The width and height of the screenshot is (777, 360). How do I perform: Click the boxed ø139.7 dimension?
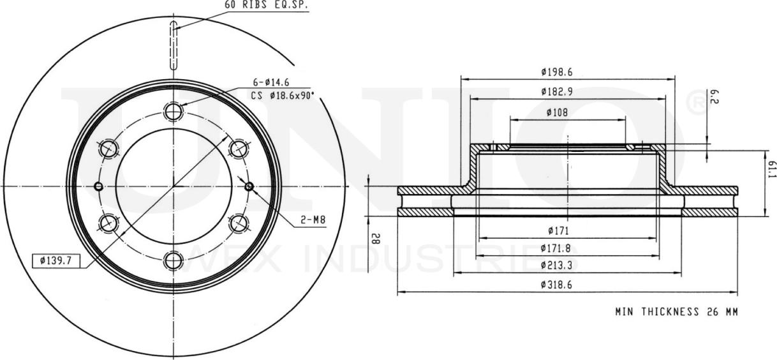click(x=58, y=260)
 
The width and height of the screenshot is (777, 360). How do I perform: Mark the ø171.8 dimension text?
click(x=556, y=248)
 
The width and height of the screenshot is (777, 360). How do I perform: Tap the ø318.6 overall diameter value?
click(x=556, y=285)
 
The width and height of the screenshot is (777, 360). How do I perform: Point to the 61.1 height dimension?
click(x=771, y=171)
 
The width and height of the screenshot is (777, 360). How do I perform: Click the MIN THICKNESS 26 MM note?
click(x=676, y=312)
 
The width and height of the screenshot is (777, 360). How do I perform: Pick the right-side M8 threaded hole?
click(x=248, y=186)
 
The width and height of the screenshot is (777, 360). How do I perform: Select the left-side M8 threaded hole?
click(x=98, y=186)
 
